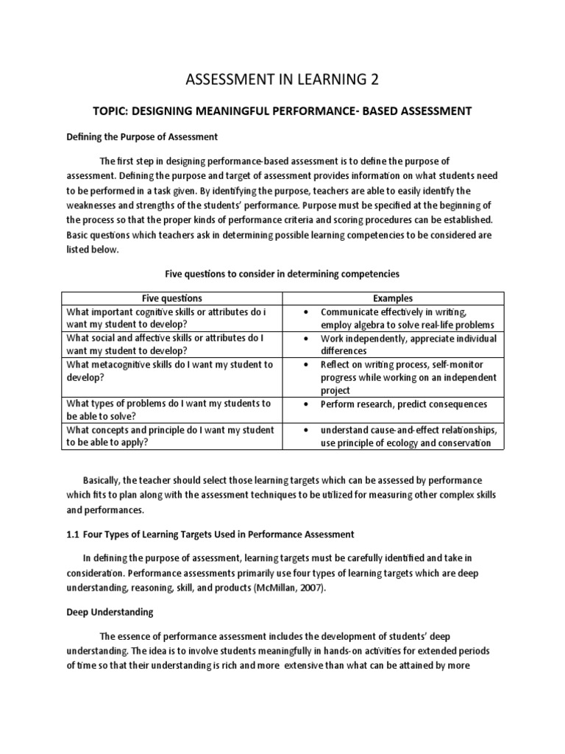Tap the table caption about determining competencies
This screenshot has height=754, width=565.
click(282, 273)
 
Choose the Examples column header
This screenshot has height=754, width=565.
click(392, 298)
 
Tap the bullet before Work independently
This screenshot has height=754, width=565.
click(305, 339)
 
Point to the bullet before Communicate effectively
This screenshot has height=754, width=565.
click(305, 312)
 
